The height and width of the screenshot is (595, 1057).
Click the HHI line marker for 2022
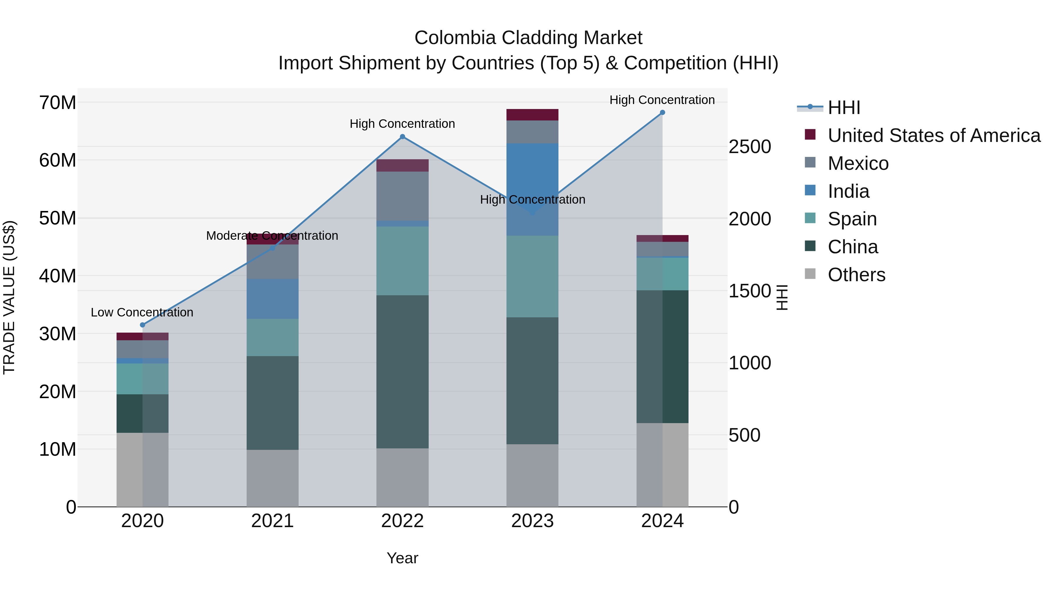(x=402, y=137)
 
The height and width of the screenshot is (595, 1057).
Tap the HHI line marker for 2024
(x=662, y=113)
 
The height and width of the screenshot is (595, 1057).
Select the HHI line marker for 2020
(x=142, y=325)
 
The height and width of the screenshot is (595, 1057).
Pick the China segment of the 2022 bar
(x=402, y=372)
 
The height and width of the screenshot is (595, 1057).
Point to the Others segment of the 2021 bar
(x=272, y=478)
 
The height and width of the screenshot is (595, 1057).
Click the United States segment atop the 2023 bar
(x=532, y=115)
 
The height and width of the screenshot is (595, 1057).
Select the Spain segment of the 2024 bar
(x=662, y=274)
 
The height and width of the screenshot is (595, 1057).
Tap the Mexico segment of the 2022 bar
(x=402, y=196)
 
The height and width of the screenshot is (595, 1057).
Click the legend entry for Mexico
(x=858, y=163)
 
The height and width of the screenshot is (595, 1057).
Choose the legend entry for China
(x=853, y=247)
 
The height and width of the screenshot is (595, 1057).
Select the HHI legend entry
(x=844, y=108)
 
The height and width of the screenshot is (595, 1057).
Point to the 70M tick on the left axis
(x=58, y=102)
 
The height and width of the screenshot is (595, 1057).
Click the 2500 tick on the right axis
(x=749, y=147)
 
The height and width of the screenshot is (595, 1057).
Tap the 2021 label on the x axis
(x=272, y=521)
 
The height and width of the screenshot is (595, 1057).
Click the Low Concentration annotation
(x=142, y=313)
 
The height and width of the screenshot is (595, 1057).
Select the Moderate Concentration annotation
(x=272, y=236)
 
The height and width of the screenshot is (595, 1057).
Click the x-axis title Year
(x=402, y=558)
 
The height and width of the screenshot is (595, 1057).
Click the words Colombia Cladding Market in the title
(x=528, y=38)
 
